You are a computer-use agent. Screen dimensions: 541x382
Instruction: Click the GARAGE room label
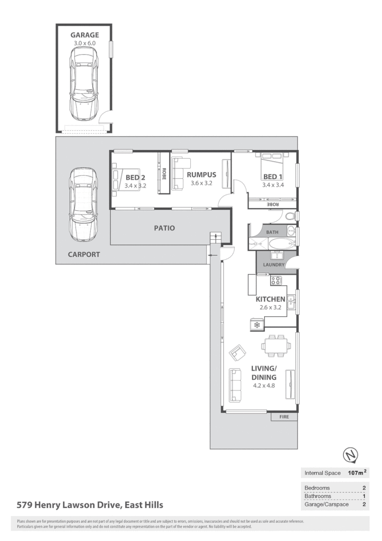[84, 35]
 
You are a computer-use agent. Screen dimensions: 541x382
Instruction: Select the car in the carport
[83, 204]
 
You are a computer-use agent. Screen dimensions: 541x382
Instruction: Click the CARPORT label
[84, 254]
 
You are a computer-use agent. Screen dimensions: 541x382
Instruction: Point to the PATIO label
[165, 228]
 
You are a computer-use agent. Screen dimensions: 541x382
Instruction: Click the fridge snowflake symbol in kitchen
[257, 324]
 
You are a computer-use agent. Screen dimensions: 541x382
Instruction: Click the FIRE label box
[284, 417]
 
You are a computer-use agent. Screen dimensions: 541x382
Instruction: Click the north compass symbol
[350, 455]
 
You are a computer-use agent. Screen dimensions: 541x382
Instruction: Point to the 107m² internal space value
[356, 473]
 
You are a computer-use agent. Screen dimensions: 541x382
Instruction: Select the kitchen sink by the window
[290, 303]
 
